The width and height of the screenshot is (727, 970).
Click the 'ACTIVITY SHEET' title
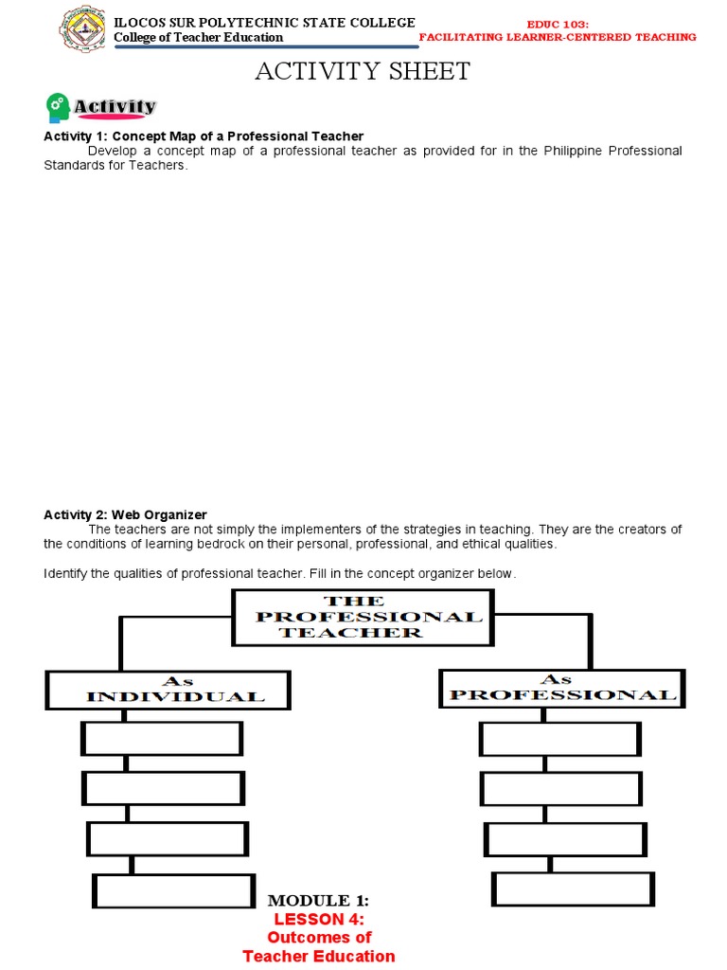363,72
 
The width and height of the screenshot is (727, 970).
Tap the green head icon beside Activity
57,108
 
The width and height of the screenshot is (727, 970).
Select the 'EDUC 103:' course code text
558,23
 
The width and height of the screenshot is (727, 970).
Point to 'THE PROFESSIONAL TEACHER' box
363,617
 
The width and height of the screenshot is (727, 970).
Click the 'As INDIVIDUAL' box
168,690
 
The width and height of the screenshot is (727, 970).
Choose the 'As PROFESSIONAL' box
562,688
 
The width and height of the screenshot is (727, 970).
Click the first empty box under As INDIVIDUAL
163,739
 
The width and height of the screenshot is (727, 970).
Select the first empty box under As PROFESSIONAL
560,739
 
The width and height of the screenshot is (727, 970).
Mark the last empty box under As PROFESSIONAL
573,889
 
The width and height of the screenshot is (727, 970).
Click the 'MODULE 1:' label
318,900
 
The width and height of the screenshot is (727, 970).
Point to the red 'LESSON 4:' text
319,919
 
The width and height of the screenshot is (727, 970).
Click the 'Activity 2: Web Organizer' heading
125,514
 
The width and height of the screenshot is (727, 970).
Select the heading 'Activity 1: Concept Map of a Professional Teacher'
204,136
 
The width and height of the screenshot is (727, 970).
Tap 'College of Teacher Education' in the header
198,37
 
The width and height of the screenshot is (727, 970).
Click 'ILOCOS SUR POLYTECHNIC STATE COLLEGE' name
264,22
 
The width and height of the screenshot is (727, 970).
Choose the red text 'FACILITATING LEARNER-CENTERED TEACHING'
558,37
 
